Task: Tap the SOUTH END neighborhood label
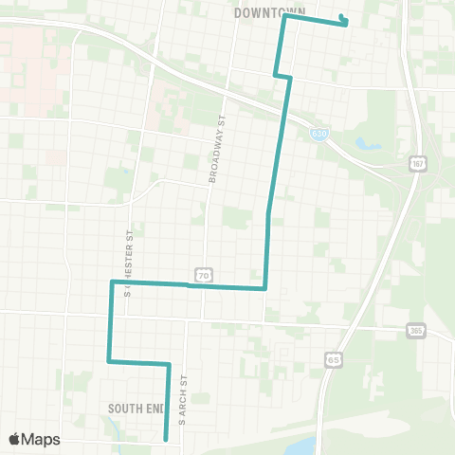coord(136,409)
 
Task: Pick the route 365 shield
coord(416,331)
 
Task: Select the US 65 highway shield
coord(333,359)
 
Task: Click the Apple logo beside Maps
coord(14,439)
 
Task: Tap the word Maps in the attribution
coord(41,439)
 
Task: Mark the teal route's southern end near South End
coord(166,439)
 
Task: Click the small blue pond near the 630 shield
coord(365,144)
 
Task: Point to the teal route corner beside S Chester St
coord(113,282)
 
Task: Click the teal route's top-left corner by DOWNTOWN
coord(284,15)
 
